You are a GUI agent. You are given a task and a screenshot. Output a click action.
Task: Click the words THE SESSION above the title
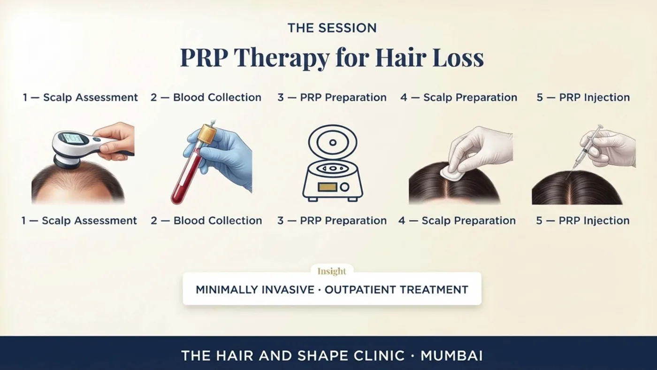pyautogui.click(x=332, y=28)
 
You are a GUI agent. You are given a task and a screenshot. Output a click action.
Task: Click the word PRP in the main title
pyautogui.click(x=205, y=57)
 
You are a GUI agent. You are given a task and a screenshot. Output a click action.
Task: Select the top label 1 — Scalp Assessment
pyautogui.click(x=80, y=97)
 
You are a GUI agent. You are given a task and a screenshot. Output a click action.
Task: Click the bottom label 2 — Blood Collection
pyautogui.click(x=206, y=221)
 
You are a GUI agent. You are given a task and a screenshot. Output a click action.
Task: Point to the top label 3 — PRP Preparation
pyautogui.click(x=332, y=97)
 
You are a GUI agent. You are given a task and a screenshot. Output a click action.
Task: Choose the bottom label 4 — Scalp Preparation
pyautogui.click(x=457, y=221)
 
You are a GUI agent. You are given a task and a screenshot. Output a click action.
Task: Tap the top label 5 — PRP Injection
pyautogui.click(x=583, y=97)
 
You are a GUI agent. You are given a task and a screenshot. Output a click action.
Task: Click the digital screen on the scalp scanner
pyautogui.click(x=74, y=138)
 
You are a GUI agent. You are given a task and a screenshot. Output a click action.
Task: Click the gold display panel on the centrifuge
pyautogui.click(x=328, y=187)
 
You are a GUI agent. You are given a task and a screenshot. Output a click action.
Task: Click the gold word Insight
pyautogui.click(x=332, y=271)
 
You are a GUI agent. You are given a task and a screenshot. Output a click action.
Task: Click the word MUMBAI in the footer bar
pyautogui.click(x=451, y=356)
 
